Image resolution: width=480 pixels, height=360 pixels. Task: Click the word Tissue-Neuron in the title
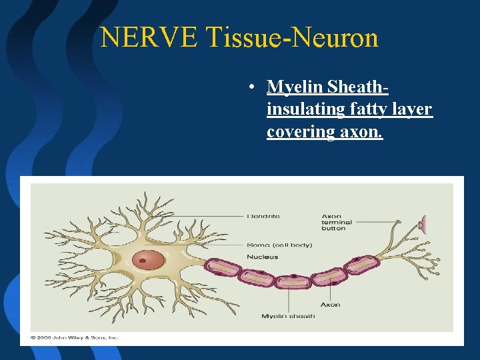293,38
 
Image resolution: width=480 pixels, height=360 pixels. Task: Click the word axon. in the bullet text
361,131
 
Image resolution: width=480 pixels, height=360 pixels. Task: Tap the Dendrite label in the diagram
263,216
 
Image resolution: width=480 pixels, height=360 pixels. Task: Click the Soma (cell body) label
279,245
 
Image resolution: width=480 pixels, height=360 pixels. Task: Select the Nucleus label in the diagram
262,257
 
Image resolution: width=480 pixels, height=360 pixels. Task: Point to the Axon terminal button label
336,222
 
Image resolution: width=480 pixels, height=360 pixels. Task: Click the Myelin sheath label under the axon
288,316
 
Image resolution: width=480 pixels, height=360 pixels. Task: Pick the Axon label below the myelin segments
330,305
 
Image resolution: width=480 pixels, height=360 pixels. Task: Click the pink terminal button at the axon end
421,225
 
